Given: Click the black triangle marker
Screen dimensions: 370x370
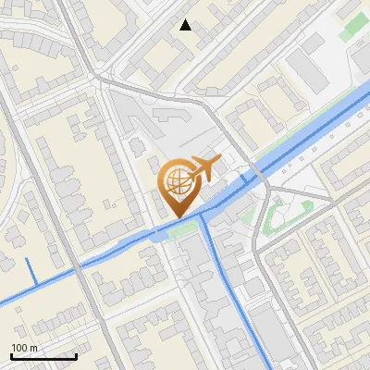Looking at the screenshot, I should click(x=186, y=25).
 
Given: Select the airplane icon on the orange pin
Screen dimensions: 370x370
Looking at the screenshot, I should click(x=203, y=168).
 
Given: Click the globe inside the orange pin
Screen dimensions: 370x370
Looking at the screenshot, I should click(x=175, y=180).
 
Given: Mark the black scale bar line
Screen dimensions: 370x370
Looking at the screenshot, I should click(x=43, y=356).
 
